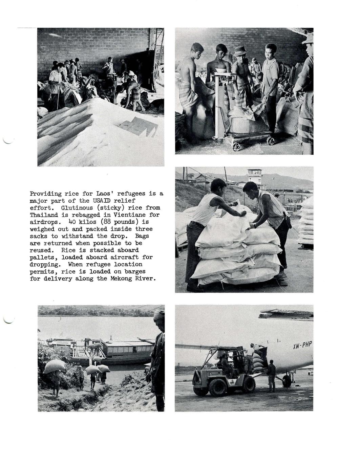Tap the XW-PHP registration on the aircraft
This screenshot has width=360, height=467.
click(302, 346)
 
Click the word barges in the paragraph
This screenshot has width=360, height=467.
click(133, 272)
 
